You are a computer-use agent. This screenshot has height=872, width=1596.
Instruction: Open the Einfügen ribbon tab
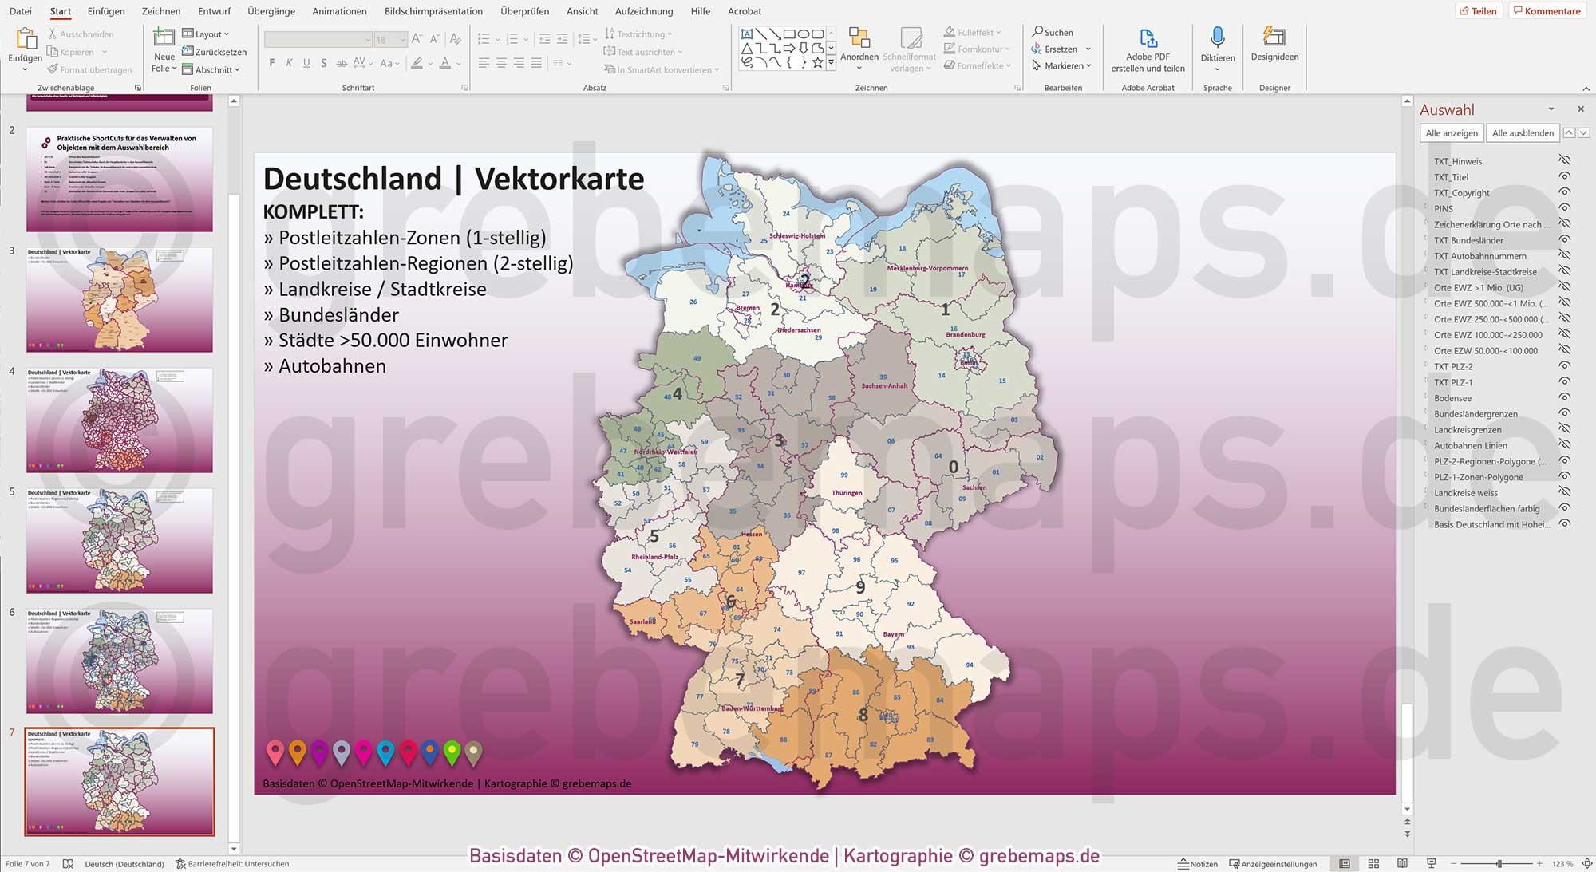106,11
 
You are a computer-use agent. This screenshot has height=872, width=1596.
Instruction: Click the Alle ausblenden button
1523,133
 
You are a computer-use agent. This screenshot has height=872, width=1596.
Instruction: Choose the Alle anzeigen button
1451,133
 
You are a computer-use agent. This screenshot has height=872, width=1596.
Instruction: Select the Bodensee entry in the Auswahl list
1452,398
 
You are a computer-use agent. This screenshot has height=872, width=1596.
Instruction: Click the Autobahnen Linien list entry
1470,445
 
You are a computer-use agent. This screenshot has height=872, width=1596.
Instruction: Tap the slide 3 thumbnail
120,300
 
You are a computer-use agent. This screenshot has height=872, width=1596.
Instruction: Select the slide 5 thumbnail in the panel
120,541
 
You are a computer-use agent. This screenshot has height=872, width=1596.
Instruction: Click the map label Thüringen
847,493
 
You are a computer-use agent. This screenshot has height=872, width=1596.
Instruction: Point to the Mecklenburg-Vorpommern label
927,268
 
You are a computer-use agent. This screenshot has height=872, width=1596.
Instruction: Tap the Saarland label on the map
642,621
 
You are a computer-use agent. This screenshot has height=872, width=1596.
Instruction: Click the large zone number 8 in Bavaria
863,716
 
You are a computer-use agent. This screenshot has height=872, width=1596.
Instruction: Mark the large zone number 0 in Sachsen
953,467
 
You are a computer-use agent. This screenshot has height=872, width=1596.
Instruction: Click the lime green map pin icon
452,752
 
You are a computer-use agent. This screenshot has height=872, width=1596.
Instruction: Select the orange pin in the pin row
297,752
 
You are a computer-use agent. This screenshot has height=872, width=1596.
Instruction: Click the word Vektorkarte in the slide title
559,179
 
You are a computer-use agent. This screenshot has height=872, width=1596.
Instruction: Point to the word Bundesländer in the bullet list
338,315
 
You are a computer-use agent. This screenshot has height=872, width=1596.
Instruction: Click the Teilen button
1479,11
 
